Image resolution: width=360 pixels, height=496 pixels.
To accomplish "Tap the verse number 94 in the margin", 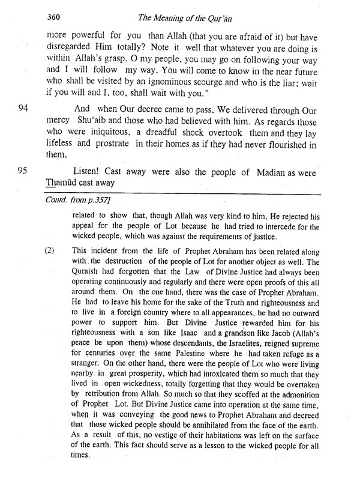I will click(x=24, y=110).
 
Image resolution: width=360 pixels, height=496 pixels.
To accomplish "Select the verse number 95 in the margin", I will click(x=24, y=172).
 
